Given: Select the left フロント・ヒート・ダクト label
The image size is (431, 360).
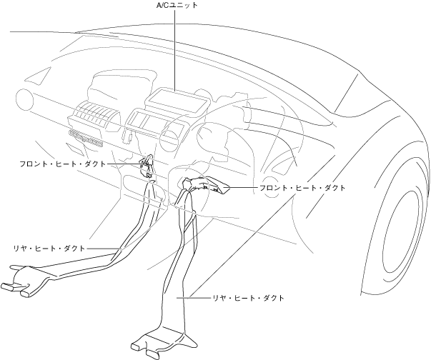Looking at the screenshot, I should (62, 164).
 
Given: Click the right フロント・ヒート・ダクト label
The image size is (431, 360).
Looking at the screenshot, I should (303, 187).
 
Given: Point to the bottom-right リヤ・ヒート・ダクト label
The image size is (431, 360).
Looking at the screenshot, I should (248, 297).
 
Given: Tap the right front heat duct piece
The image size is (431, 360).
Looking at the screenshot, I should (207, 186).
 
